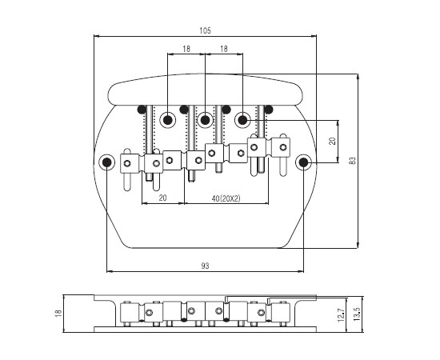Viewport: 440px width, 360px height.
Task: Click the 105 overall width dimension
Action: [205, 30]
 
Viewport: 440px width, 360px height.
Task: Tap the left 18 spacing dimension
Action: [186, 49]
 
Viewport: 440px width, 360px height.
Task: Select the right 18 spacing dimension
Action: [224, 49]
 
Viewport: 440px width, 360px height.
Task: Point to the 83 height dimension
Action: [353, 161]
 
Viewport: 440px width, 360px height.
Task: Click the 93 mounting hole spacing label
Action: [205, 266]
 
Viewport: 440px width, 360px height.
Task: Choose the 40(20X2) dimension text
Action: [226, 198]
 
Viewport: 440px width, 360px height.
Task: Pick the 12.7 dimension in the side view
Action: [341, 315]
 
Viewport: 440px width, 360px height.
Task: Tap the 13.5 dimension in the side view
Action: [356, 314]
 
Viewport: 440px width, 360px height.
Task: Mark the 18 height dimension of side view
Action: [58, 313]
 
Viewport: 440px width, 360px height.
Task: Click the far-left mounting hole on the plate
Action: [107, 162]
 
